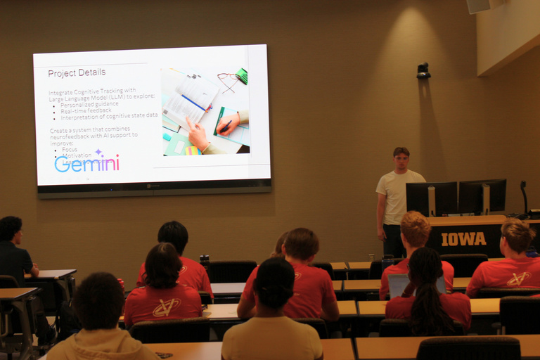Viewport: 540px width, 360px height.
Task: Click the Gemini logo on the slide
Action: (86, 163)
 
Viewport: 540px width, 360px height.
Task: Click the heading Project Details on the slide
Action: (77, 72)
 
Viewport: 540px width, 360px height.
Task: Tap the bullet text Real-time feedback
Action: (86, 110)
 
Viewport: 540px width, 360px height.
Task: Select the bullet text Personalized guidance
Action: (89, 104)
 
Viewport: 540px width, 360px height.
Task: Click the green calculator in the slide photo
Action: (241, 76)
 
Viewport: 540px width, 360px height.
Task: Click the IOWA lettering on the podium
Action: (463, 239)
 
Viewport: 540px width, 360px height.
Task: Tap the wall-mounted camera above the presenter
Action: (423, 70)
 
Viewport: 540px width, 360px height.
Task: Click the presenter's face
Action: (401, 160)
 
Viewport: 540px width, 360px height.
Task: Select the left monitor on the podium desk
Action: (431, 198)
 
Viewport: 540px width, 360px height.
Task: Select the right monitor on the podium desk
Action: (482, 195)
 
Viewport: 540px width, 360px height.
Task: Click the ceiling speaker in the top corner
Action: (479, 6)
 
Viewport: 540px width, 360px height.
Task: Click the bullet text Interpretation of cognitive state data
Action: (109, 115)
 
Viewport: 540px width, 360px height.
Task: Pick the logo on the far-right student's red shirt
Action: (518, 278)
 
